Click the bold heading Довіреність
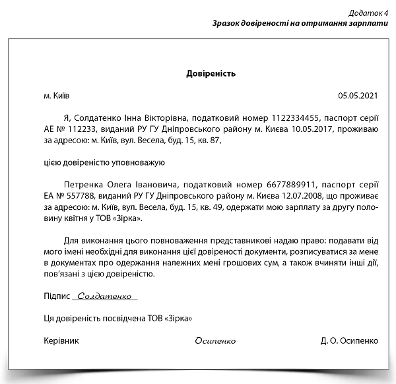[211, 73]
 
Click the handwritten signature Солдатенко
[105, 297]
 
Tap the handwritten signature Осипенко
[215, 341]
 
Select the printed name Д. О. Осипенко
[349, 341]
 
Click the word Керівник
[61, 341]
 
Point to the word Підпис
[56, 297]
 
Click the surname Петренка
[87, 185]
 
